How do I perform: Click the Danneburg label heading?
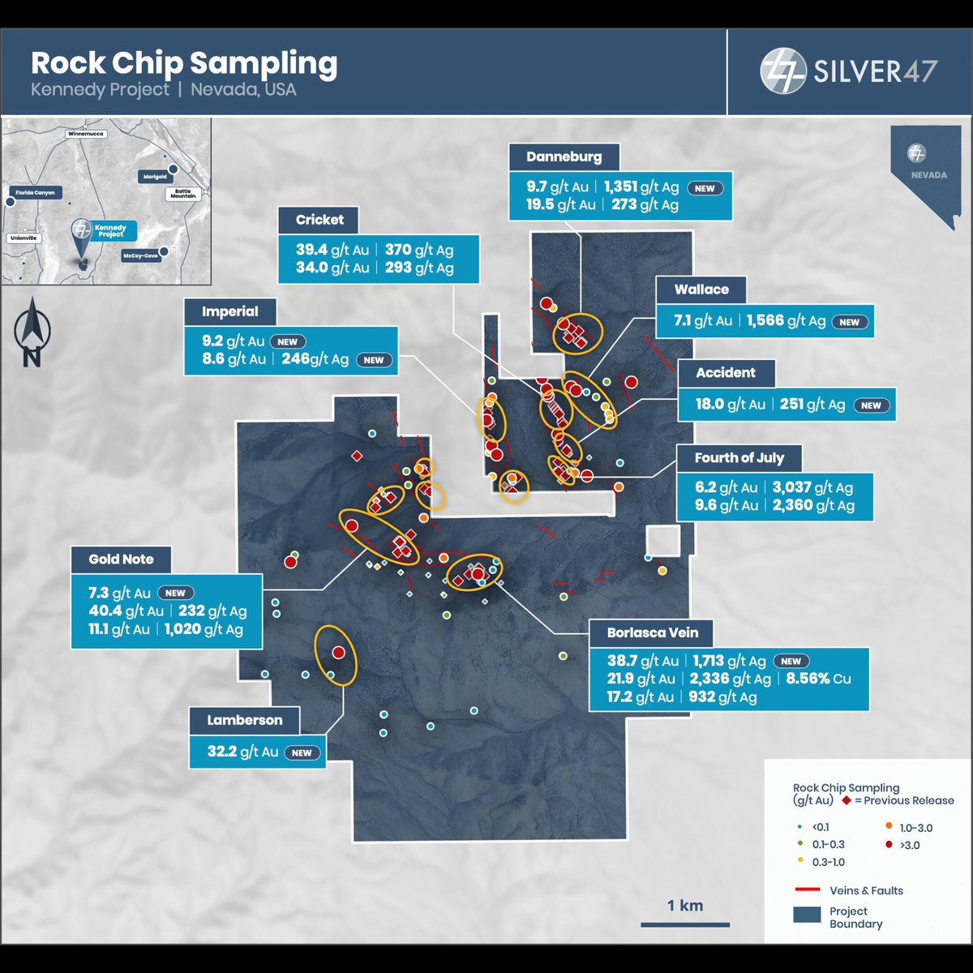pyautogui.click(x=564, y=157)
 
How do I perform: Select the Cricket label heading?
pyautogui.click(x=319, y=220)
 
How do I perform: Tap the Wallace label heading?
pyautogui.click(x=701, y=289)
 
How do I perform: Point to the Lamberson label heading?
pyautogui.click(x=244, y=720)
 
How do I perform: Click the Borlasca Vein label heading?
pyautogui.click(x=653, y=632)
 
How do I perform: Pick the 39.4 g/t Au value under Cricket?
pyautogui.click(x=332, y=250)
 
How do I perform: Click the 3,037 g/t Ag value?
pyautogui.click(x=812, y=487)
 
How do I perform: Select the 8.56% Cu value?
pyautogui.click(x=818, y=679)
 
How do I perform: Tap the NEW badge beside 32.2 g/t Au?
pyautogui.click(x=302, y=752)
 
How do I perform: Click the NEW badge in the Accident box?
pyautogui.click(x=871, y=405)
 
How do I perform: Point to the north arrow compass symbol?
pyautogui.click(x=32, y=332)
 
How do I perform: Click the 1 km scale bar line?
pyautogui.click(x=684, y=925)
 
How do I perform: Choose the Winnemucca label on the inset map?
pyautogui.click(x=86, y=134)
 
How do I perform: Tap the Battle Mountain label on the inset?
pyautogui.click(x=182, y=194)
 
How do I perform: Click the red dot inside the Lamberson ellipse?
pyautogui.click(x=338, y=653)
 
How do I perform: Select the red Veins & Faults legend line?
pyautogui.click(x=808, y=889)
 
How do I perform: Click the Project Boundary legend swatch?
pyautogui.click(x=807, y=915)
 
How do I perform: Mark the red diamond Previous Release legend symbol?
pyautogui.click(x=847, y=800)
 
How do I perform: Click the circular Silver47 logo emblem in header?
pyautogui.click(x=782, y=71)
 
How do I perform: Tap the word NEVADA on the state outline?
pyautogui.click(x=928, y=175)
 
